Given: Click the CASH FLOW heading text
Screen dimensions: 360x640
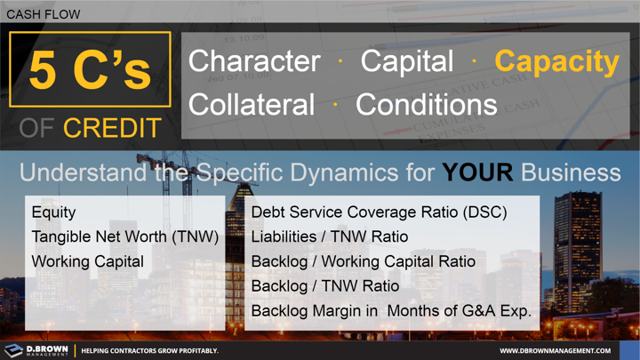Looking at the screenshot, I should point(43,14).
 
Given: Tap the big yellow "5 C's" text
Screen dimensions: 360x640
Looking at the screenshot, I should point(90,70).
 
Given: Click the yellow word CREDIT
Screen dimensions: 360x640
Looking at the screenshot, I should point(112,128).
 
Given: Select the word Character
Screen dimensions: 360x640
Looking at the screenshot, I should point(254,61).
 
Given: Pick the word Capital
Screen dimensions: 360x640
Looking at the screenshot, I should point(407,61).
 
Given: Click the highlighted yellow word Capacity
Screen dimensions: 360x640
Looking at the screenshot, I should point(557,61).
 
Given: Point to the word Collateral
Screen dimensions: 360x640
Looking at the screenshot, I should point(252,105).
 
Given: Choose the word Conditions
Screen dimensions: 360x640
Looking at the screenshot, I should point(426,105).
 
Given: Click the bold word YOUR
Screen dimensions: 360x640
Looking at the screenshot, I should point(478,172).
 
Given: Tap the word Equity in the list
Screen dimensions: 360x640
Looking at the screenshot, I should point(53,213).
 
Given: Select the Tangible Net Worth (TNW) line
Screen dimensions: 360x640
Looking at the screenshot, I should point(124,237).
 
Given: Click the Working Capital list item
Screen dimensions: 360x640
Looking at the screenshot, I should point(86,262).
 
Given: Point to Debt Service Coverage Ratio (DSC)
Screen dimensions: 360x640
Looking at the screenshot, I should point(380,213).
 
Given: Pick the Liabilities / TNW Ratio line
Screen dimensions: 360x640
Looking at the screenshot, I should point(330,237).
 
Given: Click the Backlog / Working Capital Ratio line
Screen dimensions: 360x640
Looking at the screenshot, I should point(363,262).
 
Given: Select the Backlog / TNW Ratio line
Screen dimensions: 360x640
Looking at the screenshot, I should point(325,286).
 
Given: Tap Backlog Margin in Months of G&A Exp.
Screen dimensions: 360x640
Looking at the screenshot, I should point(391,311).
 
